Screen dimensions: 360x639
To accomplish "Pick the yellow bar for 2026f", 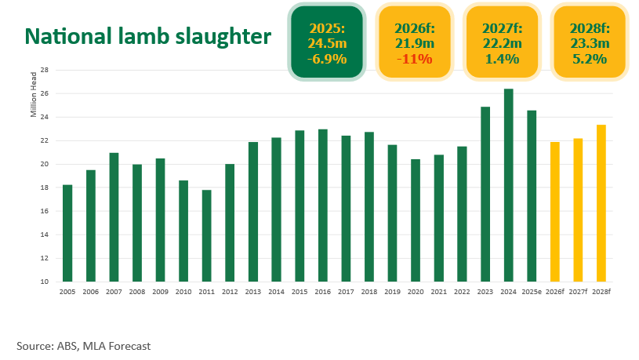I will click(x=555, y=212).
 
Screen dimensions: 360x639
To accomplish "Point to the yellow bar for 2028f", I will click(x=601, y=203).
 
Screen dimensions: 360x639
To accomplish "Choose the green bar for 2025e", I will click(x=532, y=196).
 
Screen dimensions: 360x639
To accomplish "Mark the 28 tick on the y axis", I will click(x=45, y=70).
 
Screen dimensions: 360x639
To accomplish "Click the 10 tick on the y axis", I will click(x=45, y=282).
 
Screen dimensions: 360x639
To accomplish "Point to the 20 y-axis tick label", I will click(x=45, y=164).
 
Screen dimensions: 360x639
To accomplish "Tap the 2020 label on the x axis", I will click(x=416, y=292).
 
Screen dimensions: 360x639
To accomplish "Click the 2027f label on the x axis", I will click(x=578, y=292).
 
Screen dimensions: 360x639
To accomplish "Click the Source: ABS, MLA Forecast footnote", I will click(x=83, y=345).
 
